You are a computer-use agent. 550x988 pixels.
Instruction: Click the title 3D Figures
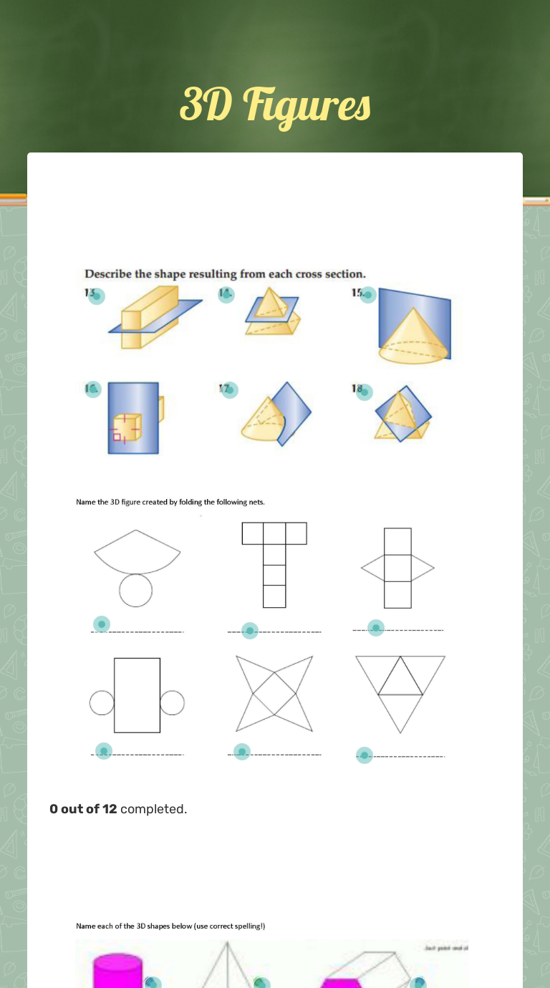(275, 105)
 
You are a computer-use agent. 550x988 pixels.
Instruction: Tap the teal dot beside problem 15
(368, 295)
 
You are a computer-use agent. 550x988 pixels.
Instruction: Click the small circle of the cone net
(135, 591)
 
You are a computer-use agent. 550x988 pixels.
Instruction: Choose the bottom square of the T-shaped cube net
(274, 596)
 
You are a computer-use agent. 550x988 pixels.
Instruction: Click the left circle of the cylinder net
(102, 703)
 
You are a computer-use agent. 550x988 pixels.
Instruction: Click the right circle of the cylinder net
(172, 703)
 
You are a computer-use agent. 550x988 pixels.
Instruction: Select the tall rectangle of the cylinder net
(137, 695)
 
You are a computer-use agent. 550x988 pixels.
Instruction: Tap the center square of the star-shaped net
(274, 694)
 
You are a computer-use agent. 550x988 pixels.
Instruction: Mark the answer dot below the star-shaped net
(242, 752)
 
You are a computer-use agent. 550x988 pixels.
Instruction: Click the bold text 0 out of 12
(83, 809)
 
